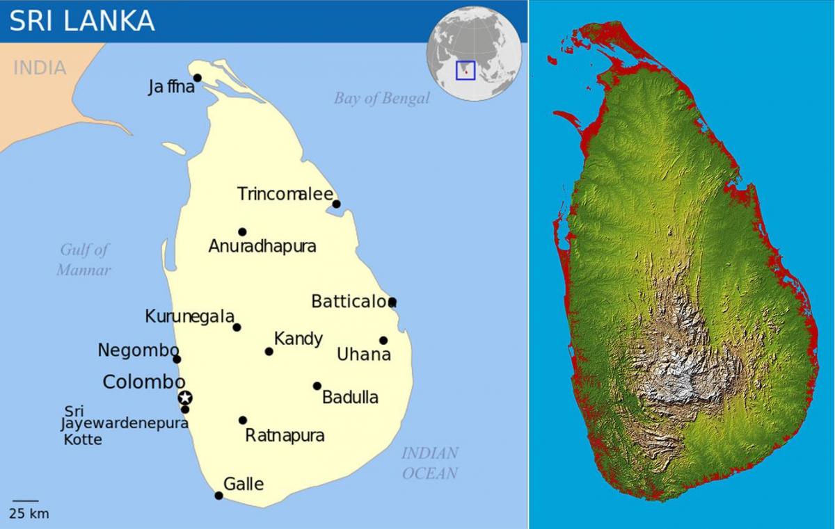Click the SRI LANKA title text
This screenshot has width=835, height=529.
[x=82, y=21]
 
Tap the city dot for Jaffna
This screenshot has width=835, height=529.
[x=198, y=78]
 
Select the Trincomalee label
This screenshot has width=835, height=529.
[x=285, y=194]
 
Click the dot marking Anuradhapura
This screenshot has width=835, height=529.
[x=242, y=231]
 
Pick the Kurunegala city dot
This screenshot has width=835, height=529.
[x=237, y=327]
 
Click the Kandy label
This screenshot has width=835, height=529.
[x=299, y=339]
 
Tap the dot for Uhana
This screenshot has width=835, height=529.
[x=383, y=340]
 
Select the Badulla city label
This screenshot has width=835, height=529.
[x=350, y=397]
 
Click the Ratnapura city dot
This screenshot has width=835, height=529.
[x=243, y=420]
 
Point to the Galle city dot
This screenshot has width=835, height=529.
[x=218, y=496]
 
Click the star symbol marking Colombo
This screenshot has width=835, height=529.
[x=185, y=398]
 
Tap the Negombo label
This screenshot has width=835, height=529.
[x=138, y=350]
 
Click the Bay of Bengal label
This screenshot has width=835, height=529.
[x=381, y=98]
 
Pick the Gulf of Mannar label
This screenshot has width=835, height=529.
[x=84, y=259]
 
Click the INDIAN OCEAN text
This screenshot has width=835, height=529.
[x=430, y=463]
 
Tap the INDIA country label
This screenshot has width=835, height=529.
[x=40, y=67]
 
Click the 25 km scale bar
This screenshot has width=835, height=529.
[x=26, y=500]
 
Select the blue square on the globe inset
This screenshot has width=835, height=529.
[x=466, y=70]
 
